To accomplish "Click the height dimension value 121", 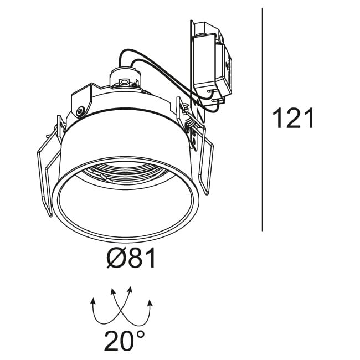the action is [293, 118].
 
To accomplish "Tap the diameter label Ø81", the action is [131, 259].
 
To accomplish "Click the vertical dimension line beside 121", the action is [262, 120].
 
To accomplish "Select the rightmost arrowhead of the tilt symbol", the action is [151, 303].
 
